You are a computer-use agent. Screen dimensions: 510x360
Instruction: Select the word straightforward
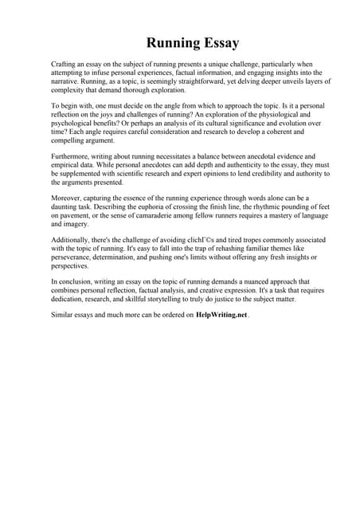pyautogui.click(x=191, y=82)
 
